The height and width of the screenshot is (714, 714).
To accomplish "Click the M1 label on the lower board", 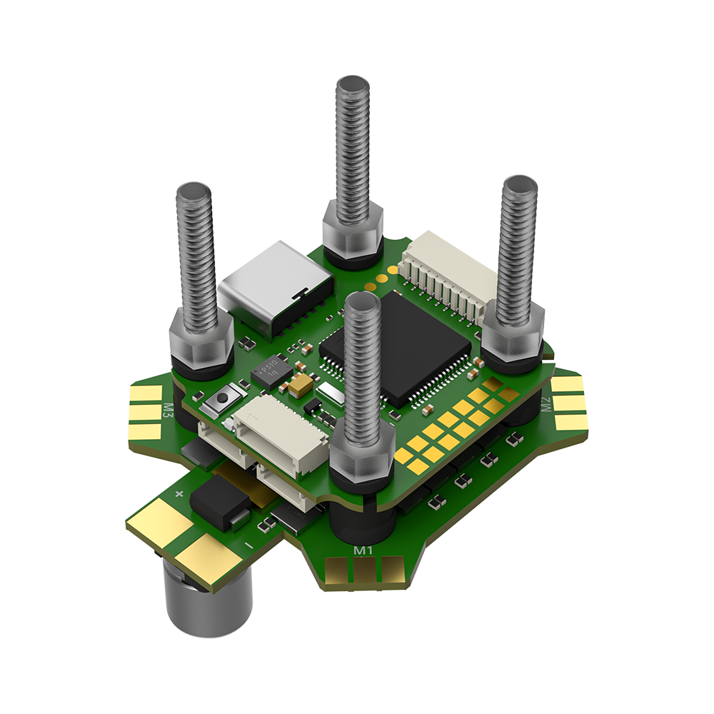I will pos(363,550).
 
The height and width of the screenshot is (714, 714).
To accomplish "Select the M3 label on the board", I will pos(169,410).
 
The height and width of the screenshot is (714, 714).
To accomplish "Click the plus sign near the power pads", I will pos(178,493).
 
